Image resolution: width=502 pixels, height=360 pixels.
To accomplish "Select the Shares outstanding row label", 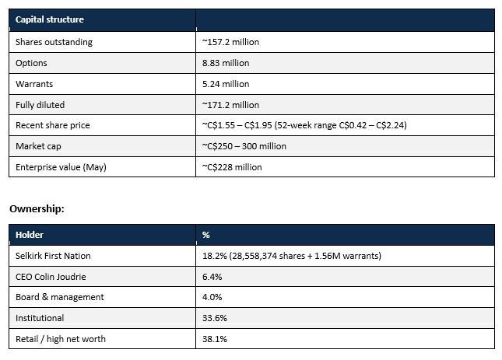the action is pos(54,42).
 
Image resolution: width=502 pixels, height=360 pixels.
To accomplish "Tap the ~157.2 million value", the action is pos(230,42).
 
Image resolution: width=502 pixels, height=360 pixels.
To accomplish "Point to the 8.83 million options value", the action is pos(226,63).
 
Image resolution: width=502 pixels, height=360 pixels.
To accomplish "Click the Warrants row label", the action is pos(34,84).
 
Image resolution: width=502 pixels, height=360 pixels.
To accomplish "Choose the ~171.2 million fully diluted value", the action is pos(230,105).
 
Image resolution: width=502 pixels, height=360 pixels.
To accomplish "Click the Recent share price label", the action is pos(52,125).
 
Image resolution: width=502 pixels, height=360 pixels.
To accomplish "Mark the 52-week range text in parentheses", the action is pos(341,125).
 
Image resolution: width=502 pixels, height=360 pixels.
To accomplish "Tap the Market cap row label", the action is pos(38,146).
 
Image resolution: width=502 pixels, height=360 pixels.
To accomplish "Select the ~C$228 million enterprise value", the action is pos(232,167).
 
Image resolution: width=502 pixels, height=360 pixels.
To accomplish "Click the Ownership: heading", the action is pos(37,209).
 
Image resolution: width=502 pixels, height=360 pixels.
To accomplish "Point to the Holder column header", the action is pos(29,235).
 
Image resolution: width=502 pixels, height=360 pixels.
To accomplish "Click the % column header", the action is pos(205,235).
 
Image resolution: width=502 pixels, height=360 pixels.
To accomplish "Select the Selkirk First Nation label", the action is pos(53,256).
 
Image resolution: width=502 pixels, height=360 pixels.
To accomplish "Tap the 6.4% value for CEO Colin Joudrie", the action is pos(212,277).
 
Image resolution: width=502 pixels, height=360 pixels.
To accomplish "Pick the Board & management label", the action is pos(60,297).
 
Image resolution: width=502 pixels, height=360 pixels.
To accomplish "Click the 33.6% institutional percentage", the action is pos(215,318).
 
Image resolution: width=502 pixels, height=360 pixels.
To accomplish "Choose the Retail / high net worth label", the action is pos(61,339).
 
